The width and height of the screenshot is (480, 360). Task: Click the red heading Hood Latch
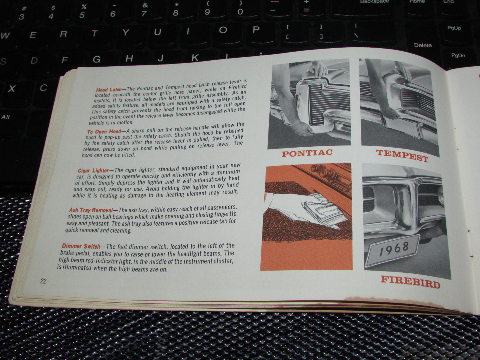point(109,90)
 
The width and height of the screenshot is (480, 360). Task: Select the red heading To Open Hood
point(104,132)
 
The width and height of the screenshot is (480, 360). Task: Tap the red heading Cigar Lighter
point(93,170)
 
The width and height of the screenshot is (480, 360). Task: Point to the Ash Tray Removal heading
point(91,210)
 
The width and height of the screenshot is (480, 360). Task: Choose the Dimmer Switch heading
point(81,246)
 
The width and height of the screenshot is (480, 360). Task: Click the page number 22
point(43,281)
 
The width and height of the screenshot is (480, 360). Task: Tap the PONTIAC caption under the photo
point(307,153)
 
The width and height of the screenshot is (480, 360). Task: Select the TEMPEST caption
point(402,155)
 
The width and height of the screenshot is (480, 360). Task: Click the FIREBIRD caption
point(410,282)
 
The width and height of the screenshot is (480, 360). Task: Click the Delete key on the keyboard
point(423,45)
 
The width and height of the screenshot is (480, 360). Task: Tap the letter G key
point(96,59)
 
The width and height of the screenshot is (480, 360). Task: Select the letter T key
point(94,33)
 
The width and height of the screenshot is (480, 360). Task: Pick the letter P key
point(256,29)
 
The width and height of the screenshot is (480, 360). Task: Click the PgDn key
point(458,55)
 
